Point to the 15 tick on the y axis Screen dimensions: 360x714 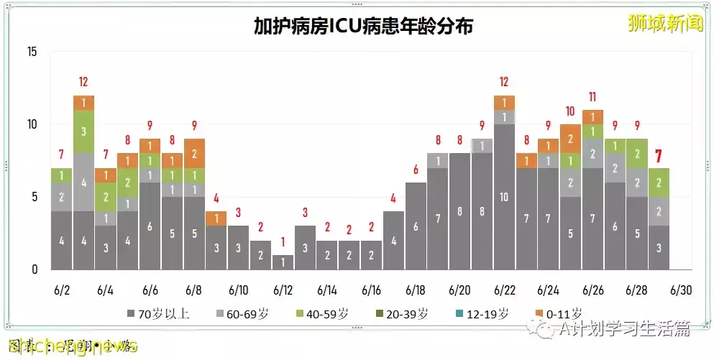coord(32,52)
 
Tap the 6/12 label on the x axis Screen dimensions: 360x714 coord(283,290)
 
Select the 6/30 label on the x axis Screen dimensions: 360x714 coord(681,290)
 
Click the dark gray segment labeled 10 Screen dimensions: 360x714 coord(504,197)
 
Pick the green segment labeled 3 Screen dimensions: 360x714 coord(83,131)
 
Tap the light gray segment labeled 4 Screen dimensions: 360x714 coord(83,183)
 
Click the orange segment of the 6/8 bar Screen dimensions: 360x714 coord(194,153)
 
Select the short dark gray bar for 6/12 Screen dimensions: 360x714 coord(283,262)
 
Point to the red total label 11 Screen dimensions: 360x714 coord(592,97)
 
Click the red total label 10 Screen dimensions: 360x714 coord(570,111)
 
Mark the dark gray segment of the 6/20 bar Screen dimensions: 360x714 coord(459,211)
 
